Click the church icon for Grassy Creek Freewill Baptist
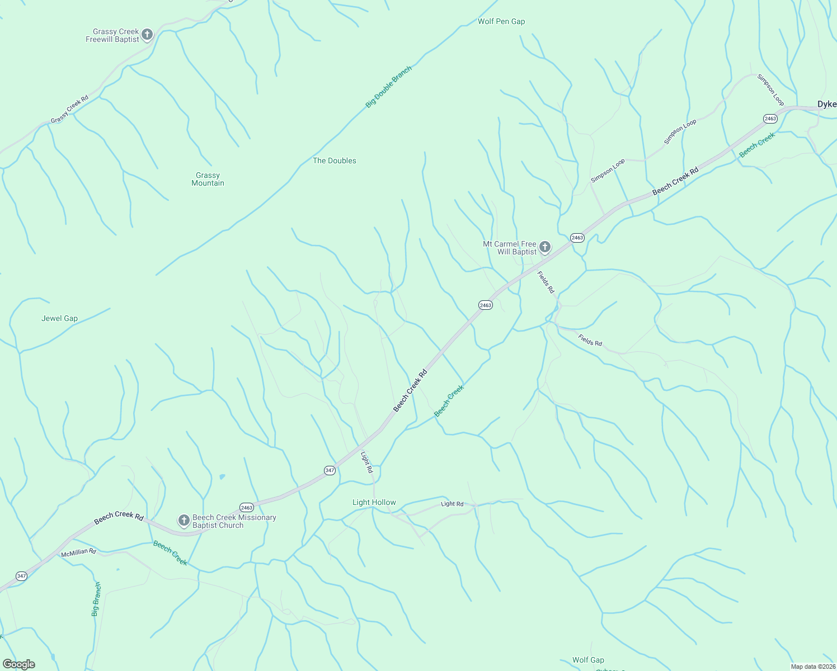coord(147,35)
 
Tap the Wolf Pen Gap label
coord(501,22)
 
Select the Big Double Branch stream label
coord(388,87)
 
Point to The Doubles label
coord(334,161)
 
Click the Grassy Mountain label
coord(208,179)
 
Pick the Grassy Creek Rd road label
coord(69,110)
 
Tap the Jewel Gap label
coord(59,319)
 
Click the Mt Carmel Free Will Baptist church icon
coord(545,247)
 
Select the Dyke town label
coord(826,105)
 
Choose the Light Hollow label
coord(374,503)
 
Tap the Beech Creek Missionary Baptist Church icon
coord(184,521)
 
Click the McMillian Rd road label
coord(78,552)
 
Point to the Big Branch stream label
coord(96,599)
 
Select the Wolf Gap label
coord(588,660)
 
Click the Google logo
coord(19,664)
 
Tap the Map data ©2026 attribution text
coord(812,667)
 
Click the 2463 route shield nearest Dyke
coord(770,119)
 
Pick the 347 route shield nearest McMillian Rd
coord(21,576)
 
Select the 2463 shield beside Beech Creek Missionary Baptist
coord(247,508)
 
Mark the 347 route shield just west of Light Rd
coord(330,470)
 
